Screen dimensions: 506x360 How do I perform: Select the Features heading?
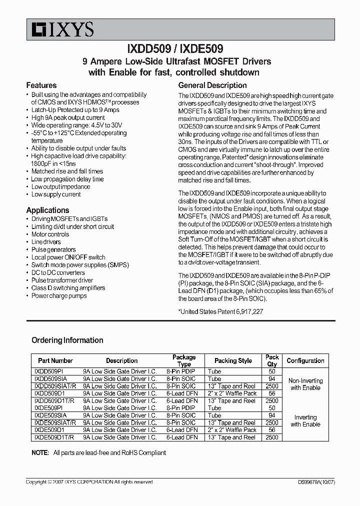pos(41,85)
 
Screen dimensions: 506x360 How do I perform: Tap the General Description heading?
pos(212,85)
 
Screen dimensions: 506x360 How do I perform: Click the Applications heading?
pos(48,210)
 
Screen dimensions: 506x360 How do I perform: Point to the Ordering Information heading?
pos(67,340)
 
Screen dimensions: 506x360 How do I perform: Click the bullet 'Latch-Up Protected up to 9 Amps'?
pos(75,110)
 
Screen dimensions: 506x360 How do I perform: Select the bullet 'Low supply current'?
pos(56,194)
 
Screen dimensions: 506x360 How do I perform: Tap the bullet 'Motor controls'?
pos(50,234)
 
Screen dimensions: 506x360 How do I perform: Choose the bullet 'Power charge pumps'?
pos(59,295)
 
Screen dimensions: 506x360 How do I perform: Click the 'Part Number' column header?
pos(55,360)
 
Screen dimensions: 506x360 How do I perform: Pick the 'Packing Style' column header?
pos(233,360)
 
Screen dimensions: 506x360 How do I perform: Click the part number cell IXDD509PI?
pos(48,371)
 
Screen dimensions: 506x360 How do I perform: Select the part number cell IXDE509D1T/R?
pos(53,437)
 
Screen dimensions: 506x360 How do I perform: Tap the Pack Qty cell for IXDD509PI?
pos(272,371)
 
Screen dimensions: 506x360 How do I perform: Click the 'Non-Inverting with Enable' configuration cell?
pos(305,384)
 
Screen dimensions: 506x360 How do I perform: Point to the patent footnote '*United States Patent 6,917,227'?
pos(220,311)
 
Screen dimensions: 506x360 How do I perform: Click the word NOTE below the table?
pos(40,452)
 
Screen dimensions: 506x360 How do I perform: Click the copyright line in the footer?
pos(89,482)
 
